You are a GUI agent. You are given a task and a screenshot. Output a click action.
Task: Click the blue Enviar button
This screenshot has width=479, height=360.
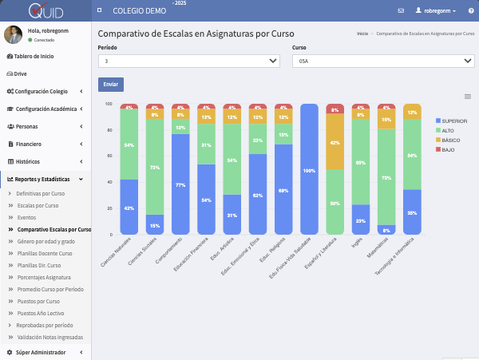110,84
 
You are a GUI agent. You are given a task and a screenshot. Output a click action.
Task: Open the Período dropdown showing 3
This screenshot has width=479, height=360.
188,61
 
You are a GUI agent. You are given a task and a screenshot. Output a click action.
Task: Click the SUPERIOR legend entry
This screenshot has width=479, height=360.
453,121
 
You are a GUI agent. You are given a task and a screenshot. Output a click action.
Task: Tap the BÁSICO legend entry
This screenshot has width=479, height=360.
450,140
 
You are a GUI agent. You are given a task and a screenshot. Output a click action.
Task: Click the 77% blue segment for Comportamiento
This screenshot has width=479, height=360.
180,184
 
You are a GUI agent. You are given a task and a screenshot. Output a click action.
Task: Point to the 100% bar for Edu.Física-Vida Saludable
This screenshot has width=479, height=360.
310,170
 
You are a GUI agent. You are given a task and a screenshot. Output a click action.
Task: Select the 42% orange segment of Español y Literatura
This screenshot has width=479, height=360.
335,142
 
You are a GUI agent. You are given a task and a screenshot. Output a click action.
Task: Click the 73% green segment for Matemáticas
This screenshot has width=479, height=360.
386,177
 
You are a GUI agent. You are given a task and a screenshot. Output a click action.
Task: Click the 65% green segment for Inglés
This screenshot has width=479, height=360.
361,162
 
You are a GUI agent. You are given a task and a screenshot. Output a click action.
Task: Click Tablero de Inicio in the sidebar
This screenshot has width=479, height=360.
34,57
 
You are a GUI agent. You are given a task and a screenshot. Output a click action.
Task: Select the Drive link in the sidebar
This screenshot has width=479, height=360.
20,73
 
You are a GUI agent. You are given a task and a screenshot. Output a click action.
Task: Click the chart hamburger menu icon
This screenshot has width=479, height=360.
468,97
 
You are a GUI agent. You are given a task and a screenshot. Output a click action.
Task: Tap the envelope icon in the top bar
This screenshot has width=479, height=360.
401,10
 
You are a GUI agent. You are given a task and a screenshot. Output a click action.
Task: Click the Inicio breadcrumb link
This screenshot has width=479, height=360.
362,34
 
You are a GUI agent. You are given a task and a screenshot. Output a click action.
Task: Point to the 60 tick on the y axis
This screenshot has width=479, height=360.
108,156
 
